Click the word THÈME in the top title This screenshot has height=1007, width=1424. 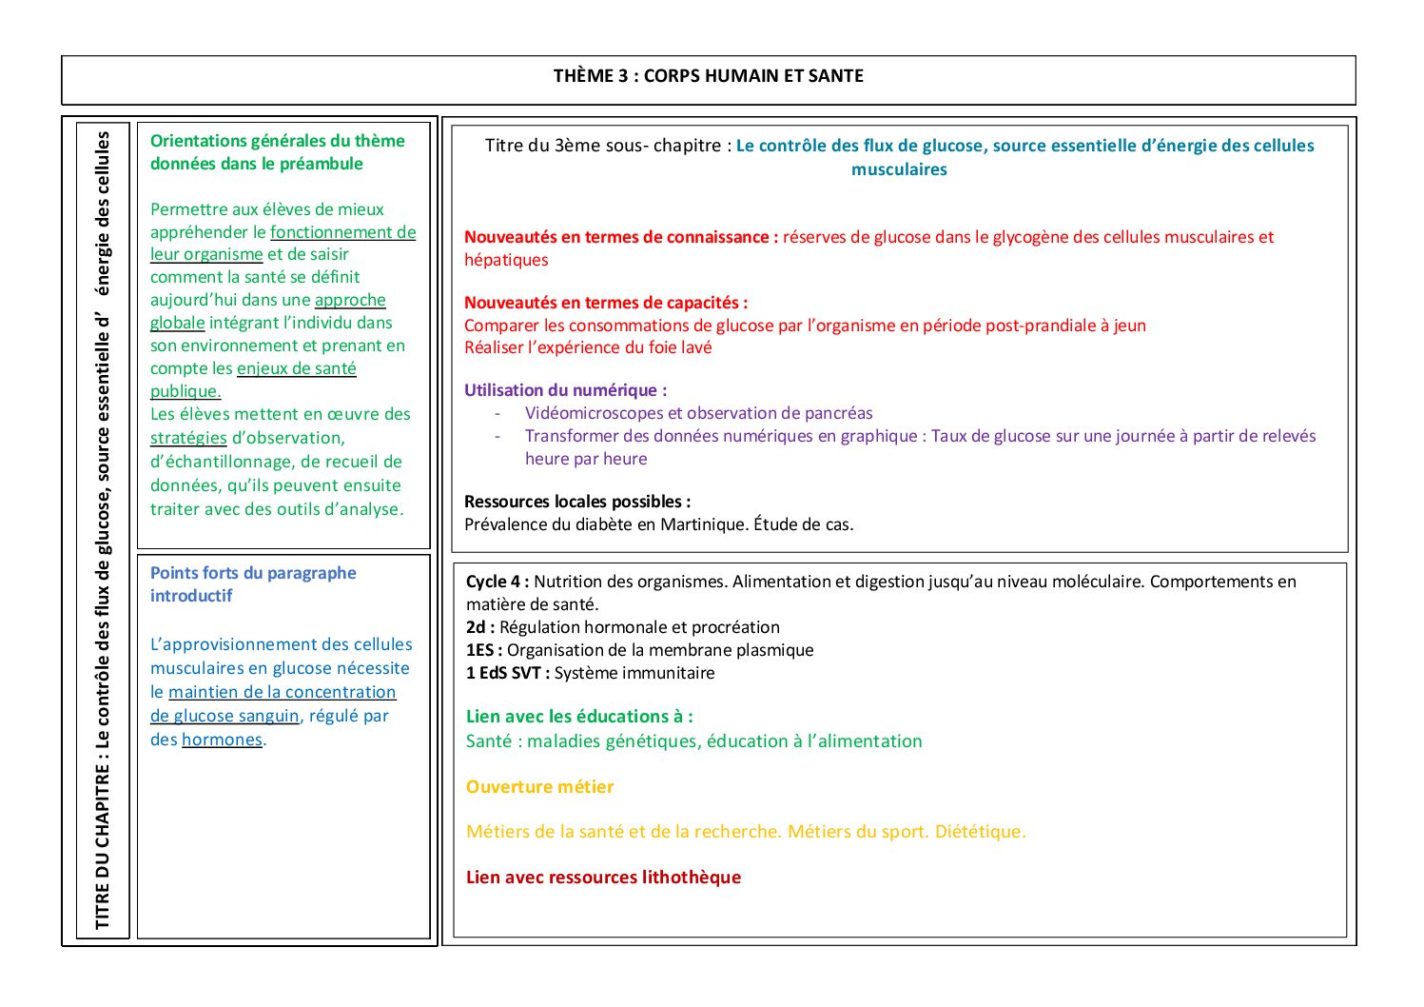pyautogui.click(x=583, y=76)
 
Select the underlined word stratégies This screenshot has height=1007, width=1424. pyautogui.click(x=188, y=438)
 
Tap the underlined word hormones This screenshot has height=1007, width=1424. pyautogui.click(x=222, y=740)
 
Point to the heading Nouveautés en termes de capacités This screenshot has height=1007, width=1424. pyautogui.click(x=606, y=303)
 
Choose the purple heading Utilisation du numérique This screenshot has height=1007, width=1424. pyautogui.click(x=565, y=390)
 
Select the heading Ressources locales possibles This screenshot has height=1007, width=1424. pyautogui.click(x=577, y=502)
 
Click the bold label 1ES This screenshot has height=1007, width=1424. pyautogui.click(x=483, y=650)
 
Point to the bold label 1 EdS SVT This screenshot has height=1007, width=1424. pyautogui.click(x=507, y=673)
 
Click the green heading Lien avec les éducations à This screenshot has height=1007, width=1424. pyautogui.click(x=579, y=717)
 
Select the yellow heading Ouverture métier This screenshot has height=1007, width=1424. pyautogui.click(x=539, y=787)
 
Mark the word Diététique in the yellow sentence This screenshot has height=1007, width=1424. pyautogui.click(x=980, y=832)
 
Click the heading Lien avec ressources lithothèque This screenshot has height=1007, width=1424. pyautogui.click(x=603, y=878)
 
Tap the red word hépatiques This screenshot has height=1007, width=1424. pyautogui.click(x=506, y=260)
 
